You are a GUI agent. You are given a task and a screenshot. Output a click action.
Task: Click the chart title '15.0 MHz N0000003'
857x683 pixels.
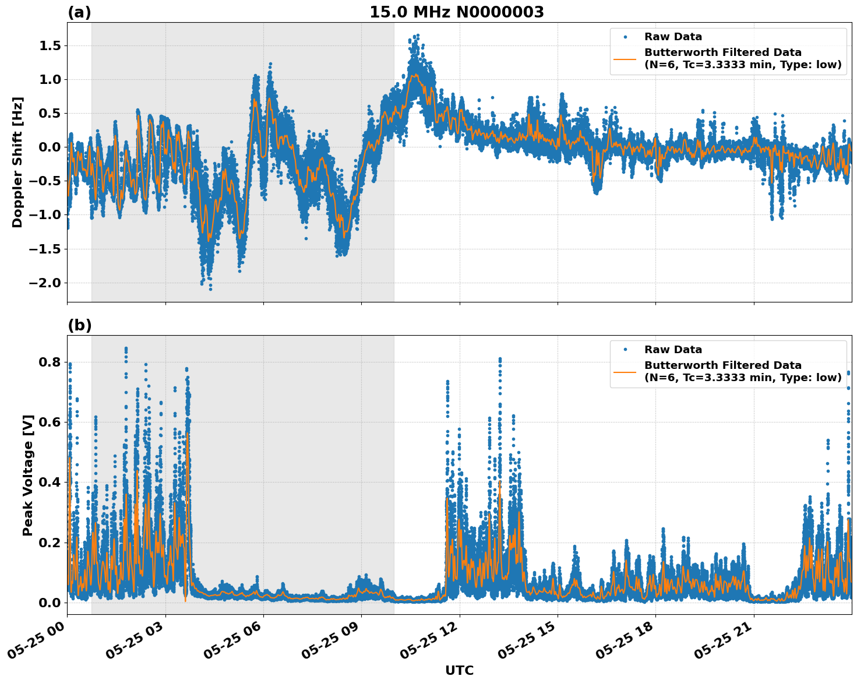[456, 12]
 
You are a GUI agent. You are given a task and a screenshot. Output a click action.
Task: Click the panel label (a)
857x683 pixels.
[79, 12]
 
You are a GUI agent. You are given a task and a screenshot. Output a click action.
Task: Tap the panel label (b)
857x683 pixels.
[79, 325]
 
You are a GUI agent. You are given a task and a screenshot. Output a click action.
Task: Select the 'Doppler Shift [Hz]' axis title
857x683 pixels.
[17, 162]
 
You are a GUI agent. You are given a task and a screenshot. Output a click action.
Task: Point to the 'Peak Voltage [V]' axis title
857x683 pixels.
[27, 475]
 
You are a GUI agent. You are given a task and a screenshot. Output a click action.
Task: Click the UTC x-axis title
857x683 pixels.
[459, 670]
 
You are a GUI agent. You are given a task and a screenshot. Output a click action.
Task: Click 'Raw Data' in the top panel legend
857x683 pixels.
[673, 37]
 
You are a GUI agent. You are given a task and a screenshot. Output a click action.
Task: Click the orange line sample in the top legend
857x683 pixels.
[625, 58]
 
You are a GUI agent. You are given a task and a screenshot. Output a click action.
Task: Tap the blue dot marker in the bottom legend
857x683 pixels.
[625, 350]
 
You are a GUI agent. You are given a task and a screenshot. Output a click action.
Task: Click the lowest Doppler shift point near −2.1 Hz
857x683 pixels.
[210, 289]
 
